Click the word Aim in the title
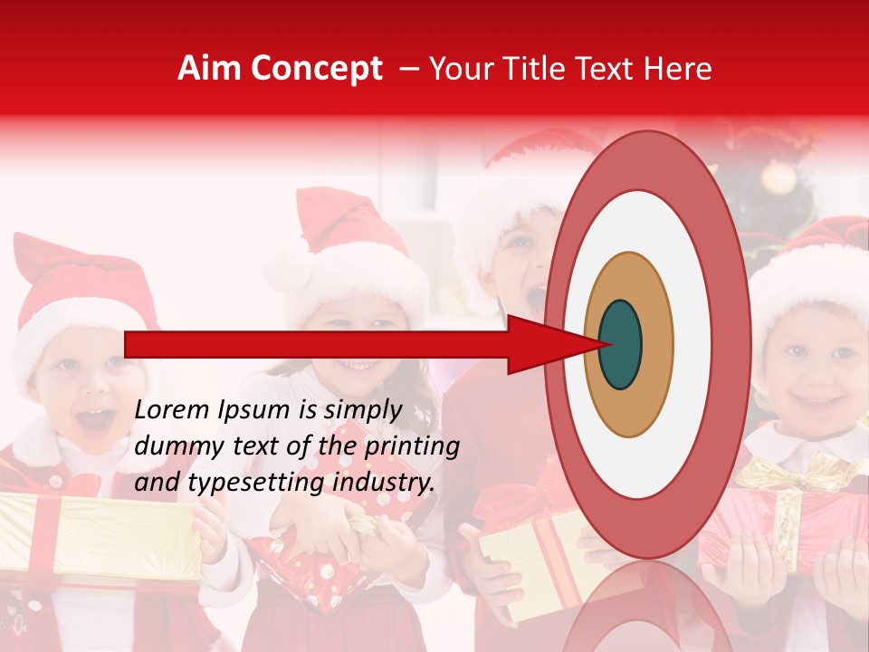209,69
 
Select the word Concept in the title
315,70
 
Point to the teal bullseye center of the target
621,344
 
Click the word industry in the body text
379,483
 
